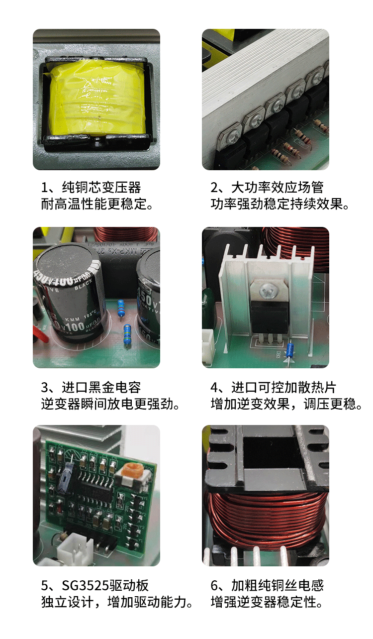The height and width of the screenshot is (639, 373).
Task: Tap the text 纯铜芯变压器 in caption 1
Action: (x=101, y=188)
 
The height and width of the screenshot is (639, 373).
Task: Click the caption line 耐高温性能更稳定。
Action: (x=97, y=204)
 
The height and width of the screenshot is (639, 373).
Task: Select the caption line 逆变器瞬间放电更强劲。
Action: (x=110, y=404)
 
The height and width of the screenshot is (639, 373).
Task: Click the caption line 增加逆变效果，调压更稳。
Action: (x=286, y=404)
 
